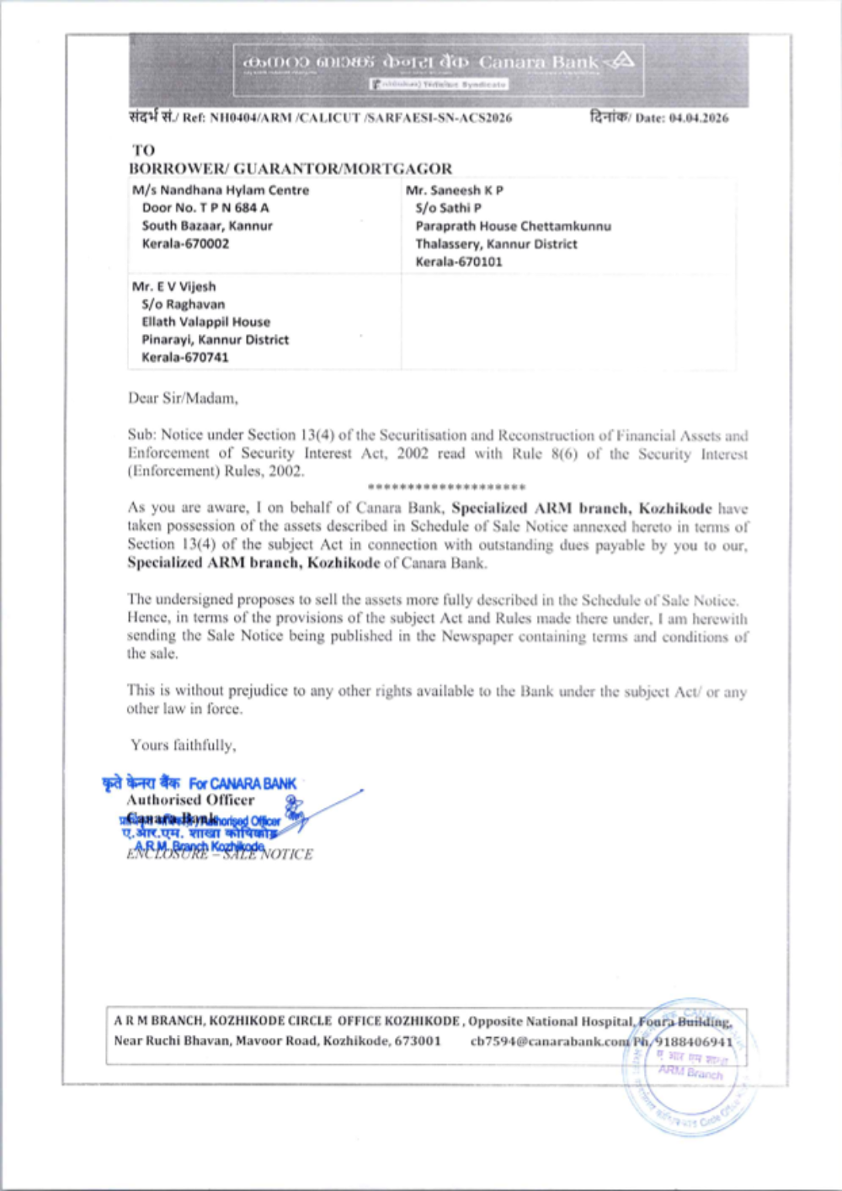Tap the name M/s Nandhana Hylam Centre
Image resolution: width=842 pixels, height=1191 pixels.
[221, 190]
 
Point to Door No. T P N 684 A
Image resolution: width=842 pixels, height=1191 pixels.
[205, 208]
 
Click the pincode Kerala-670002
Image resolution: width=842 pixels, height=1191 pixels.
[185, 244]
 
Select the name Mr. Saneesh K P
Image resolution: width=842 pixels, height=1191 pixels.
[455, 190]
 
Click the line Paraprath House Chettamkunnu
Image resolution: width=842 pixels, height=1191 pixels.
[513, 226]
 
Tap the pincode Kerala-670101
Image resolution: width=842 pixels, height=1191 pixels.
[459, 262]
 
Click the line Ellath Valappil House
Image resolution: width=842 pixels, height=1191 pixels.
[205, 322]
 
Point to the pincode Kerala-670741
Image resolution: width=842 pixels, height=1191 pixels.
[185, 358]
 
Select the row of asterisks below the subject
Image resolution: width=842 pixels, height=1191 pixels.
[447, 487]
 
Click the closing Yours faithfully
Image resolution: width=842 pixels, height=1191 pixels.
[183, 745]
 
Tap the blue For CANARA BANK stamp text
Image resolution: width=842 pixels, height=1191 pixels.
[242, 784]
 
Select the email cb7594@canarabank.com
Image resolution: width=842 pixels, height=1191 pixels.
[550, 1041]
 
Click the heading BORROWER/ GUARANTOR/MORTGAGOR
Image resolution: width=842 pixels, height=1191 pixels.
[290, 168]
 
